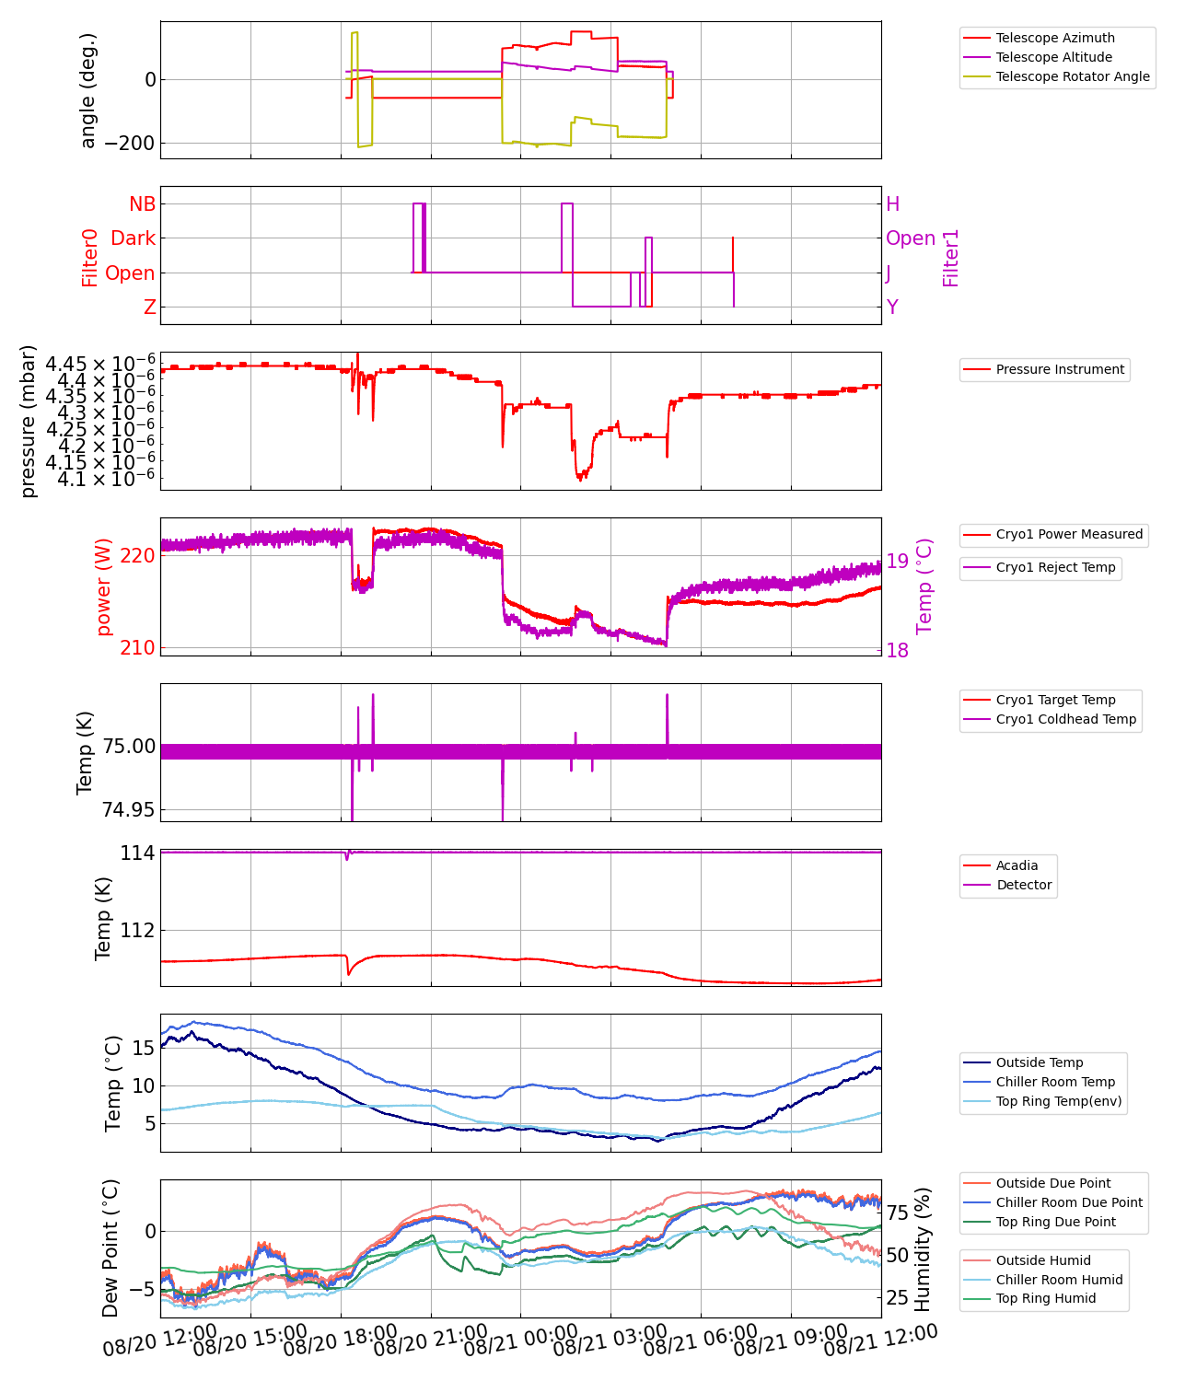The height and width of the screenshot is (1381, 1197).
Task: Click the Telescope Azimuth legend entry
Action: pyautogui.click(x=1054, y=38)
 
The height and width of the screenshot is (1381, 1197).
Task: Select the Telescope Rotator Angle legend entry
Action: pyautogui.click(x=1073, y=76)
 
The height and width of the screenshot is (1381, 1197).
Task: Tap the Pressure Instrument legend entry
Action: pyautogui.click(x=1060, y=369)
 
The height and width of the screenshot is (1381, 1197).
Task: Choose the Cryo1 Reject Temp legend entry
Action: pyautogui.click(x=1055, y=567)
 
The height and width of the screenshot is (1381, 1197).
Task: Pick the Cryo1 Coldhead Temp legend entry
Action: pyautogui.click(x=1066, y=719)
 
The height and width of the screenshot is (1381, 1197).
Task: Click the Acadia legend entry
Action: pyautogui.click(x=1017, y=865)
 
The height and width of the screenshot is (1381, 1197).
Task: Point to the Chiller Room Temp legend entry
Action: pyautogui.click(x=1055, y=1082)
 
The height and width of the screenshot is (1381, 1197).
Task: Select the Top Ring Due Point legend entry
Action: pyautogui.click(x=1055, y=1222)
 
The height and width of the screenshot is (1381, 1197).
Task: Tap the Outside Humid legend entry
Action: pyautogui.click(x=1043, y=1260)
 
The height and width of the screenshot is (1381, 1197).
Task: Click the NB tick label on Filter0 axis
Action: pyautogui.click(x=143, y=204)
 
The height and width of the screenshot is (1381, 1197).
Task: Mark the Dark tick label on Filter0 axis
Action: pyautogui.click(x=134, y=238)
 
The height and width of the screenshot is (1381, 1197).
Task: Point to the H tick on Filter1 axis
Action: pyautogui.click(x=892, y=204)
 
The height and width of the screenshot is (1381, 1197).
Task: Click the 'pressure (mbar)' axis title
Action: pyautogui.click(x=29, y=421)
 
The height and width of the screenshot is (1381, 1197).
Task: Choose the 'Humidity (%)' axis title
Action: pyautogui.click(x=924, y=1248)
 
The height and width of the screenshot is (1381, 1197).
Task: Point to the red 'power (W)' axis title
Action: pyautogui.click(x=103, y=586)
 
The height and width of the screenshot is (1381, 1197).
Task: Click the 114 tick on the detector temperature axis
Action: pyautogui.click(x=137, y=853)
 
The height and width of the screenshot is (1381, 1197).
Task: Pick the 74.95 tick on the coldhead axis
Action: pyautogui.click(x=129, y=809)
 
